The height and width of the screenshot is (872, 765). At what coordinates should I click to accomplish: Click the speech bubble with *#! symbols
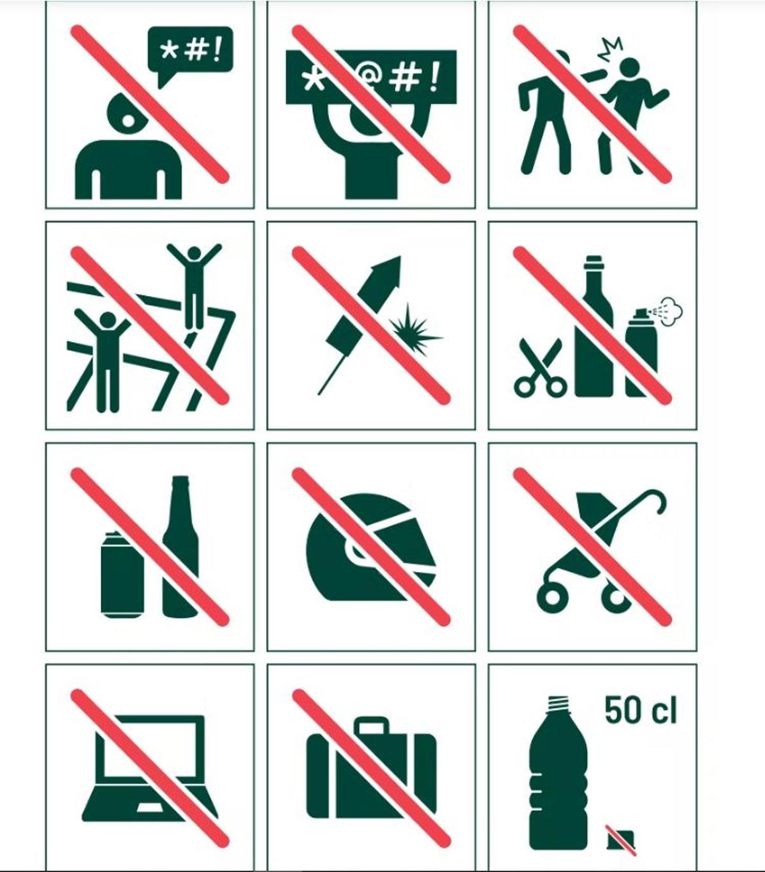pos(190,54)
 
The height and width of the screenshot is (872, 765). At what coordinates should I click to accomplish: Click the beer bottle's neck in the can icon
pos(180,500)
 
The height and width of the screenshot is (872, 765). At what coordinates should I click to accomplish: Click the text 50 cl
pos(641,710)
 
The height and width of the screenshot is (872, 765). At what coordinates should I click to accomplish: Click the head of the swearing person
pos(127,114)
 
